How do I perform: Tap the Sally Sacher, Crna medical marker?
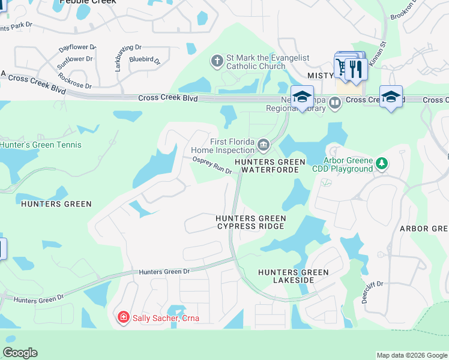123,317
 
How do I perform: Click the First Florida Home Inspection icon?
263,145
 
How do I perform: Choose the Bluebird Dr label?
145,60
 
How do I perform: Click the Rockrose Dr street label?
75,81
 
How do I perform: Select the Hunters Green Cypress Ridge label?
251,222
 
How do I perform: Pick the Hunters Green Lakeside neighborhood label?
294,276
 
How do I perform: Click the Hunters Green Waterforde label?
270,166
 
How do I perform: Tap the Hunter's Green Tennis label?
41,145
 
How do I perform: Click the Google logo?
20,353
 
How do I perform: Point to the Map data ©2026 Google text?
412,355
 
